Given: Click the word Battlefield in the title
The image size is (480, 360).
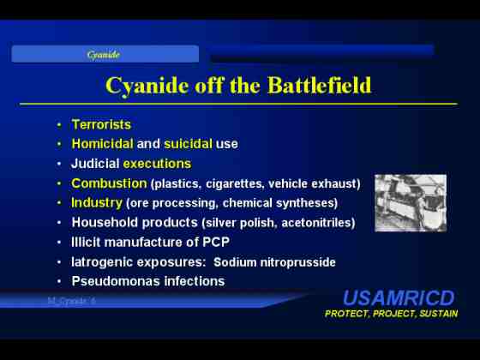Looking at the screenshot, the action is point(319,85).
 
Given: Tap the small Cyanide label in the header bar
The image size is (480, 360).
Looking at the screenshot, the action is point(103,55).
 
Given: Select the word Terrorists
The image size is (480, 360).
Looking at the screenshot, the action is point(101,124).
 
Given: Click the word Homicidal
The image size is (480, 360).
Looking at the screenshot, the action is point(102,144).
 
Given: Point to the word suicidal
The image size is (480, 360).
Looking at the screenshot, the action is point(188,144).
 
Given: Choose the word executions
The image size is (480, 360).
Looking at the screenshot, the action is point(157,164).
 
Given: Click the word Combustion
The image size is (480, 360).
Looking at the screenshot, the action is point(109,183).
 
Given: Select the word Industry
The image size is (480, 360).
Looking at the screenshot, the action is point(97,202).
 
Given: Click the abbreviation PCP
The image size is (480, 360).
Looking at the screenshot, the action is point(216,242).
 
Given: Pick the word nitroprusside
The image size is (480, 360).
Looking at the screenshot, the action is point(297,262).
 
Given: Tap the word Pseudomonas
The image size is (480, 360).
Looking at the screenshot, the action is point(116,281).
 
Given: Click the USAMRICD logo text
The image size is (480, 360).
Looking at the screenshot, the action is point(399,298).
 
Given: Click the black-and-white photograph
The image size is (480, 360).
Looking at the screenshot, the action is point(411,203).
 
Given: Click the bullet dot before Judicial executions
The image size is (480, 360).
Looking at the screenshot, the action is point(59,164).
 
